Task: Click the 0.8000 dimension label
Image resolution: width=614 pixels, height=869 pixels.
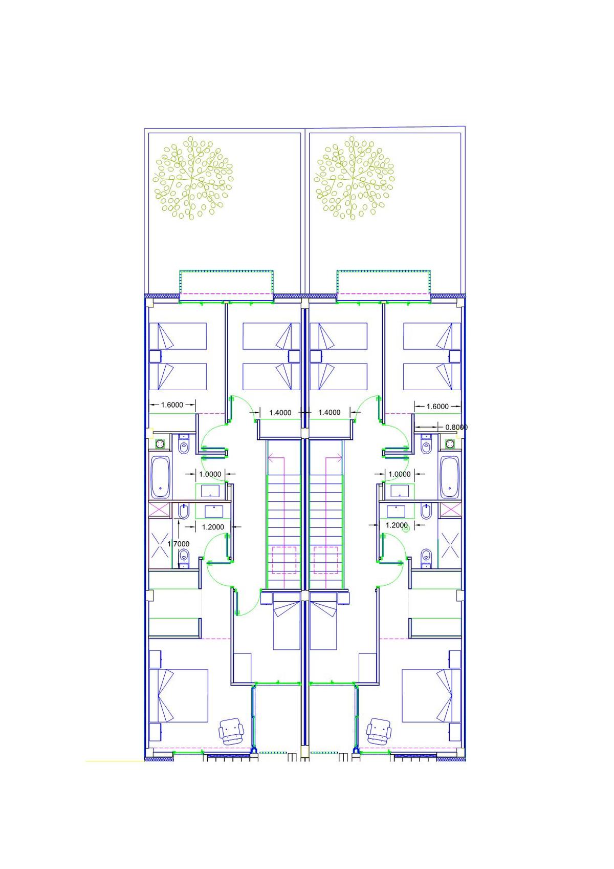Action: pyautogui.click(x=456, y=427)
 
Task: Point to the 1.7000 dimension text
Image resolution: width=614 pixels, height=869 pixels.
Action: pyautogui.click(x=178, y=544)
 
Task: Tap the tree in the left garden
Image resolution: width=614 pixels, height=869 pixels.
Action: pyautogui.click(x=193, y=178)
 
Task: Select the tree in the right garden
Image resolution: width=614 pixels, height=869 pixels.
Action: pyautogui.click(x=354, y=178)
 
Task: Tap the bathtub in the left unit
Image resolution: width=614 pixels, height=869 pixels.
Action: pyautogui.click(x=160, y=477)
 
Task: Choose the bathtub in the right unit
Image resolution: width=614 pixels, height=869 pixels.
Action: pyautogui.click(x=450, y=477)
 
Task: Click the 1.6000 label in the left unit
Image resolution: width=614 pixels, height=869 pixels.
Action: pyautogui.click(x=172, y=405)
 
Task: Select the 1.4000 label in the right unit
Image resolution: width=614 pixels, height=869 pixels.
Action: pyautogui.click(x=330, y=412)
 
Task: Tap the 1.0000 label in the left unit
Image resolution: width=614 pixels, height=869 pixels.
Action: pyautogui.click(x=210, y=474)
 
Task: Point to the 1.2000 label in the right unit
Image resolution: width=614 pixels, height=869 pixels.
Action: pyautogui.click(x=397, y=525)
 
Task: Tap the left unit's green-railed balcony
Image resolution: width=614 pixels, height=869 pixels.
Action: pyautogui.click(x=226, y=285)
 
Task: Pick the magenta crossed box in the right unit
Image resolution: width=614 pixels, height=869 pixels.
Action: pyautogui.click(x=451, y=510)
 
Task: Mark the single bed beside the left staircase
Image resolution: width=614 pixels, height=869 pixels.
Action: pyautogui.click(x=287, y=625)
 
